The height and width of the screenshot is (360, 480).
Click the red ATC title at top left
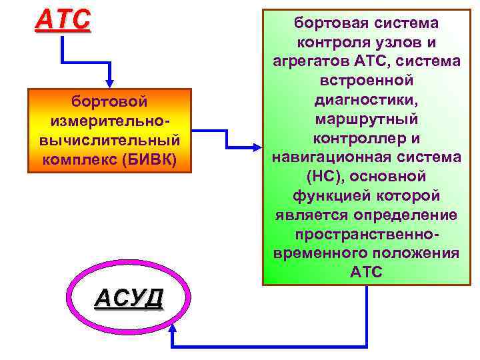62,20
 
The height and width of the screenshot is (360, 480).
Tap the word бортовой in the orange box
109,101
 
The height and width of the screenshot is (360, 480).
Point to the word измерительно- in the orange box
109,121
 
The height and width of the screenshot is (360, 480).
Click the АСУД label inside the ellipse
129,298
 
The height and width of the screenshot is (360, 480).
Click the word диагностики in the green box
366,100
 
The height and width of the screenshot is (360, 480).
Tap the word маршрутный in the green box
366,119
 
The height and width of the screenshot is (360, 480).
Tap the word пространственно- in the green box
366,235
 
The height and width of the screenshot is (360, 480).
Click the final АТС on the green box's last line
366,273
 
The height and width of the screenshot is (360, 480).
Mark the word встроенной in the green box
366,81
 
